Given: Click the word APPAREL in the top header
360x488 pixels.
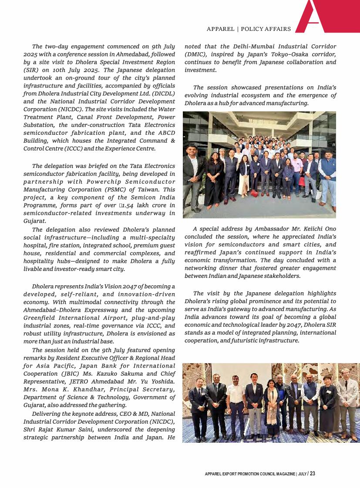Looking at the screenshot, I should pyautogui.click(x=220, y=29).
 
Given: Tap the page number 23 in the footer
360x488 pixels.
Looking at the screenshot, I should pyautogui.click(x=313, y=474).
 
